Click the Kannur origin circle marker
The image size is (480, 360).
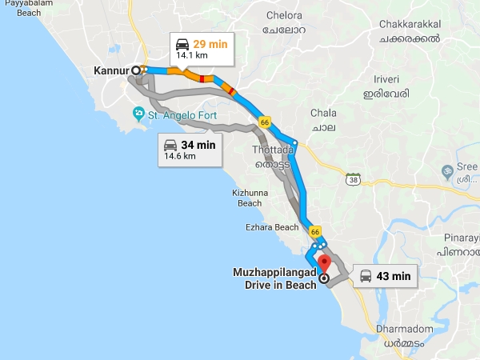[137, 70]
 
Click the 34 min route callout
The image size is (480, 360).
[190, 150]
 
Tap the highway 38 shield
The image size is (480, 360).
[352, 179]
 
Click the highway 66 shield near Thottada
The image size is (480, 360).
[265, 122]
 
